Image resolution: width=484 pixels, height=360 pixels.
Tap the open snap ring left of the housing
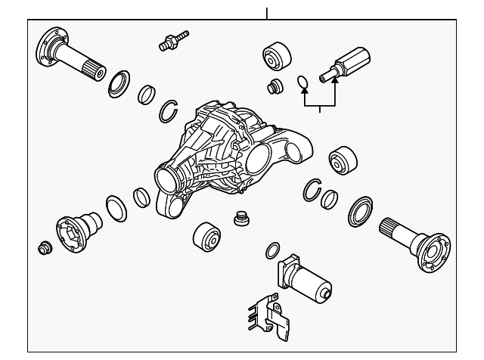[x=169, y=111]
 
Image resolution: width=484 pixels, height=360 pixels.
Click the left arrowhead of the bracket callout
[x=304, y=94]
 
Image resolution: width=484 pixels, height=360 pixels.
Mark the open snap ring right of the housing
[x=312, y=189]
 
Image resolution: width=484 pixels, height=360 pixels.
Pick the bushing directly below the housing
[x=206, y=239]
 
